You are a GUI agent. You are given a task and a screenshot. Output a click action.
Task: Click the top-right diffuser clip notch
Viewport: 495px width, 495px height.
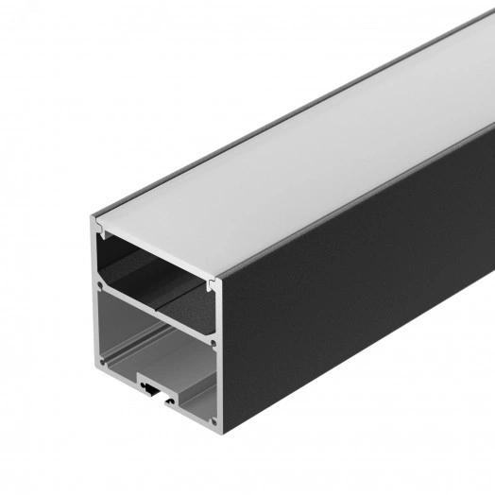[213, 282]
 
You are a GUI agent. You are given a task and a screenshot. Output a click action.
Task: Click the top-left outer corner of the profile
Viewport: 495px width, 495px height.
[92, 218]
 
